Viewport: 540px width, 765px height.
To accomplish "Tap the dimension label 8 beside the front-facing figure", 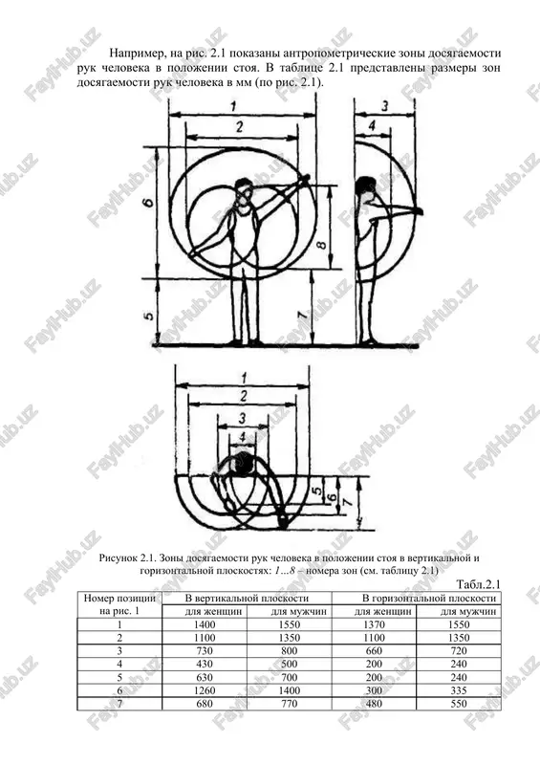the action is pos(321,243).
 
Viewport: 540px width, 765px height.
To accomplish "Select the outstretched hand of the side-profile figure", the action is pos(418,210).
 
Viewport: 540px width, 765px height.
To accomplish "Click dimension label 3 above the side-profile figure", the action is pos(385,106).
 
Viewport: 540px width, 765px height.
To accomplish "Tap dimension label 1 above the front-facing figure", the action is pos(233,106).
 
